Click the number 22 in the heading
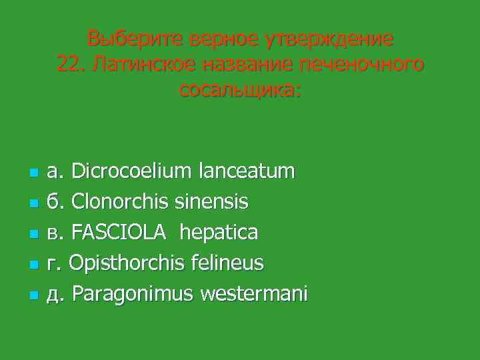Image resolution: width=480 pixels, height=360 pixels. point(68,64)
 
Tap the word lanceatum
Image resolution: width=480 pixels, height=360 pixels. point(246,171)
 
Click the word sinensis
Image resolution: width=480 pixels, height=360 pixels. point(215,201)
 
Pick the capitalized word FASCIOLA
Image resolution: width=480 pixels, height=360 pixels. point(117,232)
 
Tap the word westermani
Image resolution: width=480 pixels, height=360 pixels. point(257,293)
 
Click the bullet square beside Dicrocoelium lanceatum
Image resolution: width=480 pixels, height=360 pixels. point(32,173)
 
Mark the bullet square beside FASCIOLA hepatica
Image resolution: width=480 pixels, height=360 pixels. point(32,234)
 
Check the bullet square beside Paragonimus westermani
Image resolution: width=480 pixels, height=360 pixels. point(32,295)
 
